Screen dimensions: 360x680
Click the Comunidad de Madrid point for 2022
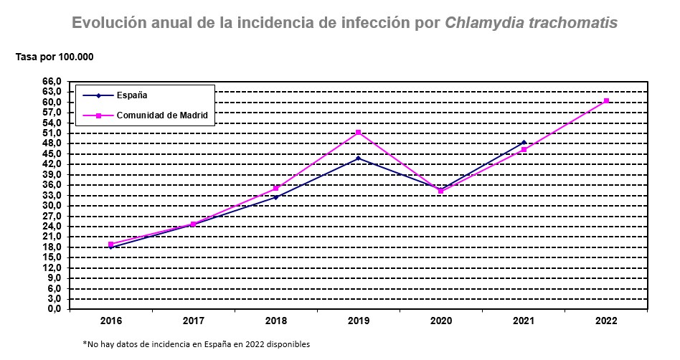coord(607,101)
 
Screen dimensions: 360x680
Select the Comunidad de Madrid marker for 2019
coord(359,133)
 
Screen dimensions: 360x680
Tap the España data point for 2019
coord(359,158)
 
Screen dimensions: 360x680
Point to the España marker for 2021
coord(524,143)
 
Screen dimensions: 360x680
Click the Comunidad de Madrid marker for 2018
coord(276,189)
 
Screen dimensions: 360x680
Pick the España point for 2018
coord(276,197)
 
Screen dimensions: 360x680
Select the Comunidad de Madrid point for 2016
coord(111,245)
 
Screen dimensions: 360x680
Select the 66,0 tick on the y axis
coord(53,82)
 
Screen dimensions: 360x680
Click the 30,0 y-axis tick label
coord(53,206)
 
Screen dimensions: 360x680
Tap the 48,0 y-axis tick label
coord(53,143)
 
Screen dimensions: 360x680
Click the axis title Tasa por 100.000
coord(55,57)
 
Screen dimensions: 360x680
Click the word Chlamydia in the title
coord(484,23)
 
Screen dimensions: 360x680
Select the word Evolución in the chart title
coord(105,23)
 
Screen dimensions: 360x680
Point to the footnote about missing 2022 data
coord(196,344)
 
